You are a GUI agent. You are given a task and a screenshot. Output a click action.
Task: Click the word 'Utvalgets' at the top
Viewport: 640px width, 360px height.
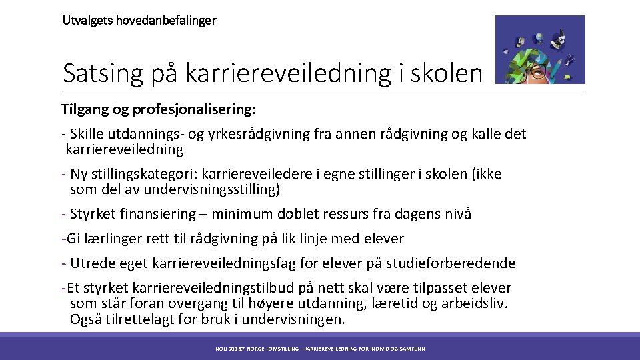coord(85,20)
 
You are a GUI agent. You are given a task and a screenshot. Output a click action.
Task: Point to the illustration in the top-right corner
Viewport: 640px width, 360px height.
coord(540,49)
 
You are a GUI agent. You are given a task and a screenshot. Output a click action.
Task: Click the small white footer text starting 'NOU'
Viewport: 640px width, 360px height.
coord(320,349)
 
